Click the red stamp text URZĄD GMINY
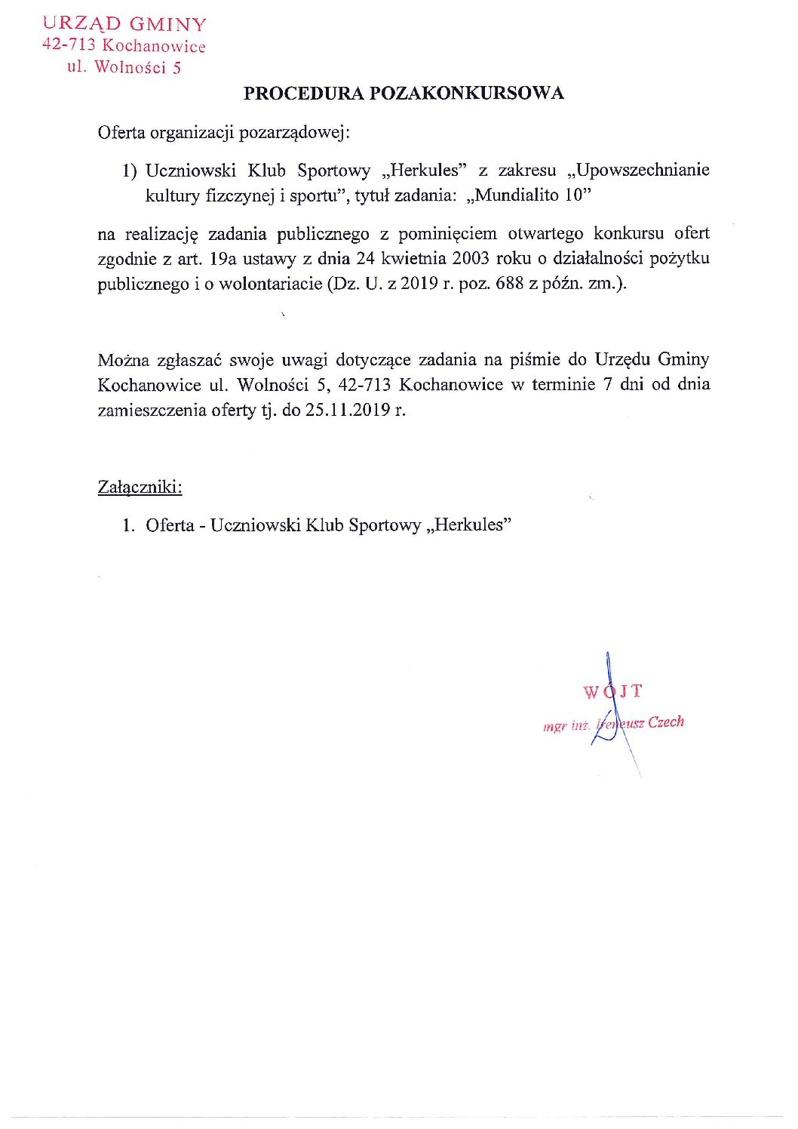click(x=124, y=25)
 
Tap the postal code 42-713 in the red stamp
click(x=69, y=45)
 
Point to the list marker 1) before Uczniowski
click(x=130, y=171)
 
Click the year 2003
click(x=471, y=259)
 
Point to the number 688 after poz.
click(x=509, y=285)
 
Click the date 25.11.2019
click(x=348, y=411)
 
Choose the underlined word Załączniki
click(x=140, y=488)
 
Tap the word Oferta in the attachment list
click(x=170, y=525)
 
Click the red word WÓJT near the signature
click(x=612, y=691)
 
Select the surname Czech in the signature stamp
click(x=666, y=721)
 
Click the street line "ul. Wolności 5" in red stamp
click(x=124, y=67)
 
